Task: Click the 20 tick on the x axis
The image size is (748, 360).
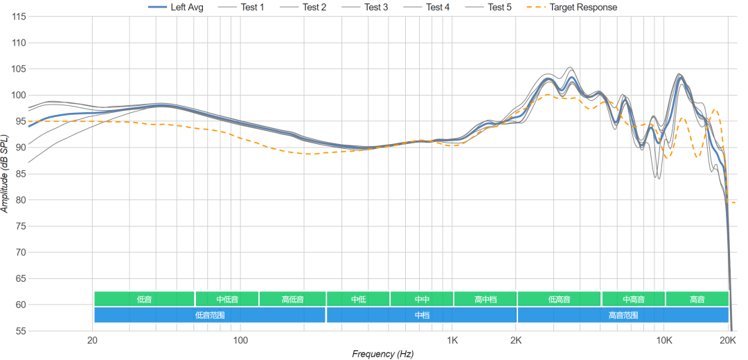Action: pyautogui.click(x=92, y=341)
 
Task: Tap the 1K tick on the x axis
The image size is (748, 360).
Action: pyautogui.click(x=452, y=341)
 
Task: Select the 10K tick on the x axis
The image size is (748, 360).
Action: pyautogui.click(x=664, y=341)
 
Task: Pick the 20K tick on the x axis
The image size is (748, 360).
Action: pyautogui.click(x=728, y=341)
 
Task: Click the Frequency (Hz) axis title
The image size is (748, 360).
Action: pyautogui.click(x=382, y=354)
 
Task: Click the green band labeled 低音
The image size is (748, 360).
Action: pyautogui.click(x=144, y=299)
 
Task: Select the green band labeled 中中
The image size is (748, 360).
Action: pyautogui.click(x=422, y=299)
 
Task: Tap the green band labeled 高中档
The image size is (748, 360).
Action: pyautogui.click(x=486, y=299)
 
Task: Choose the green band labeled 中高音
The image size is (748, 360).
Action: pyautogui.click(x=633, y=299)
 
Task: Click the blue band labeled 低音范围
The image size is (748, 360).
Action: pyautogui.click(x=210, y=315)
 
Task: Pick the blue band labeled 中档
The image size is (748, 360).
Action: pyautogui.click(x=422, y=315)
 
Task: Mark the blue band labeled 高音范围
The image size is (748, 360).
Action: pyautogui.click(x=623, y=315)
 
